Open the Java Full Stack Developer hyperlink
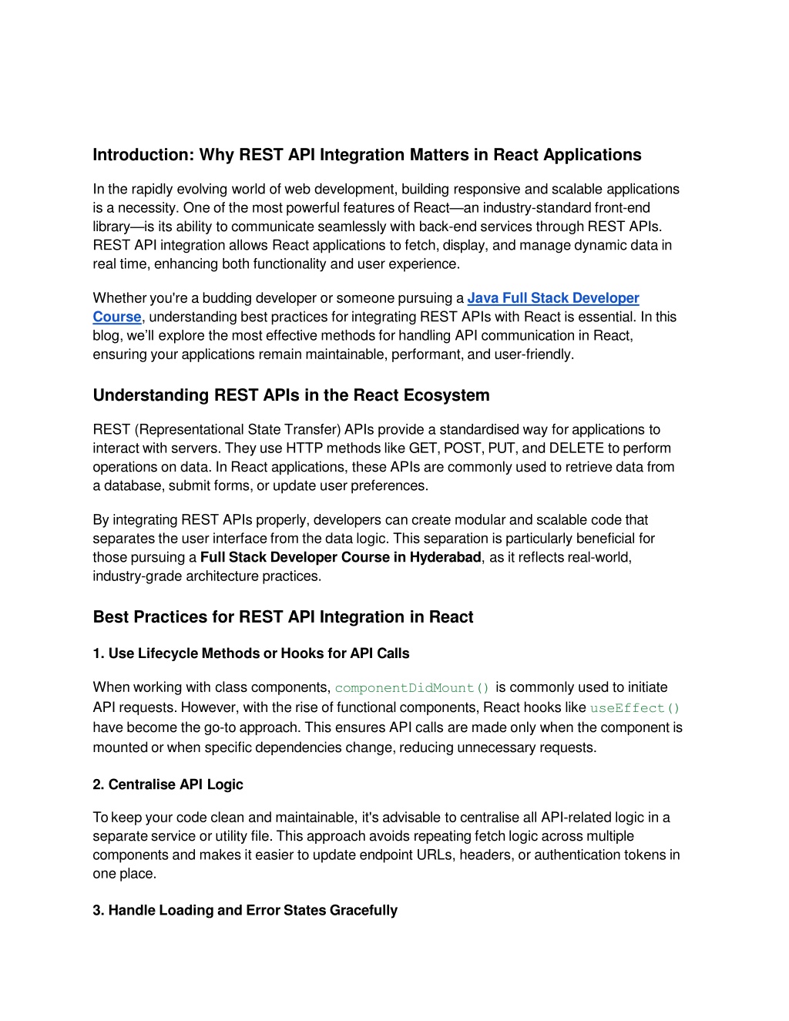coord(552,298)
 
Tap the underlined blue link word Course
coord(117,317)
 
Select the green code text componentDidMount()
coord(412,688)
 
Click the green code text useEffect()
coord(635,708)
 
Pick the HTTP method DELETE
coord(576,448)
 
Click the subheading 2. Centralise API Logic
coord(168,784)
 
